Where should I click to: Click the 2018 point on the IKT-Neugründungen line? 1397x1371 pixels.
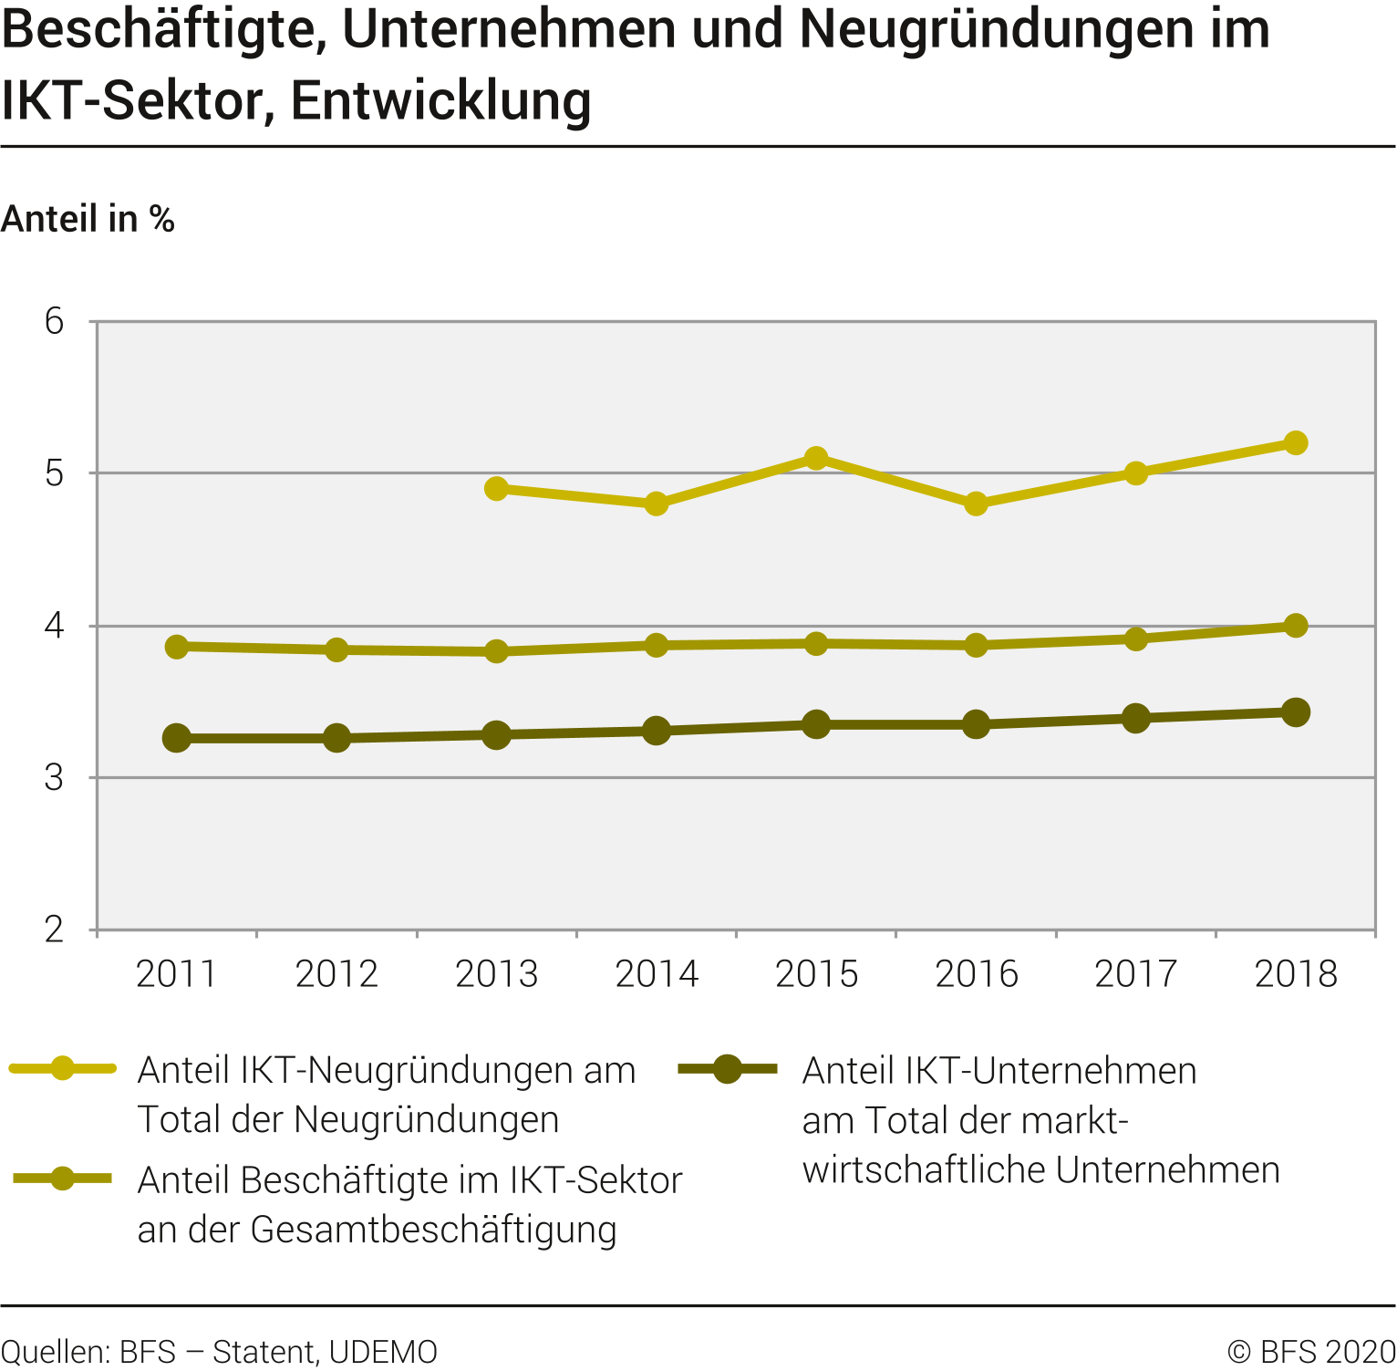point(1295,443)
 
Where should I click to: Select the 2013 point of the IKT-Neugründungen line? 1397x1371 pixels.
point(496,488)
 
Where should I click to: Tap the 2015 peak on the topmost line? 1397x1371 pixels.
point(816,458)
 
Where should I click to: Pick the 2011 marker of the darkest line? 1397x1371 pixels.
point(177,738)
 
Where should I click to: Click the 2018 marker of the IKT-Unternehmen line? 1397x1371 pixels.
point(1295,712)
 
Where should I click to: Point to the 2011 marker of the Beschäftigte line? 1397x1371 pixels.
point(177,647)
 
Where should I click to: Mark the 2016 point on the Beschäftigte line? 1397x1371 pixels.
point(976,645)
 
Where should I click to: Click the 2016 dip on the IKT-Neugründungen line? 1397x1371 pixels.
point(976,504)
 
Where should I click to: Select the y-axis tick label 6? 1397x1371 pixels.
point(55,321)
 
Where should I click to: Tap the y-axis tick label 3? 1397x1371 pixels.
point(55,777)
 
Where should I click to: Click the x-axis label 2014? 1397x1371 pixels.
point(657,974)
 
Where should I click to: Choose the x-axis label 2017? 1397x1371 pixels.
point(1135,974)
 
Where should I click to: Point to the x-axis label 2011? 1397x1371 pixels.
point(177,974)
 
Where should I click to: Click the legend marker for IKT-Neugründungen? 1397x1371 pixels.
point(63,1068)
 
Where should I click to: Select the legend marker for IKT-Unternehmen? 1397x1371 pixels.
point(727,1068)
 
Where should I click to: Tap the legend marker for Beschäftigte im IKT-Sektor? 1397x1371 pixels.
point(63,1179)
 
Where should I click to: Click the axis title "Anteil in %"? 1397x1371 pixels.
point(88,219)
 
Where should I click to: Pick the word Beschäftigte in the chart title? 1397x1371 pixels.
point(165,29)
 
